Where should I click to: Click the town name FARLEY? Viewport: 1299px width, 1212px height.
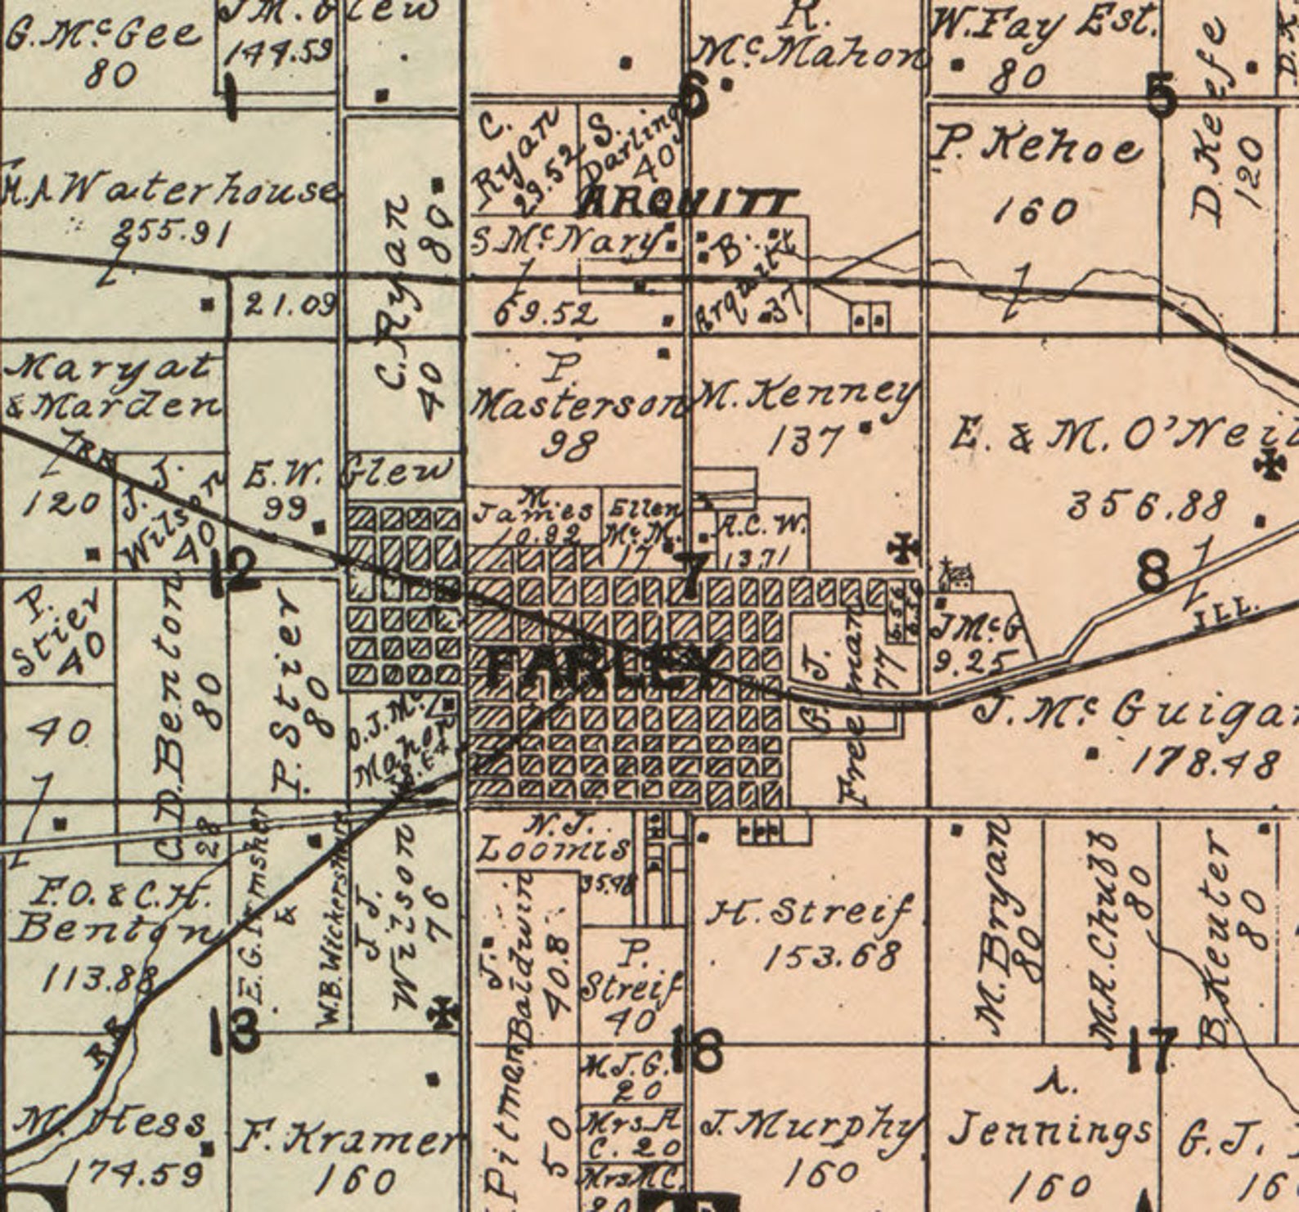[x=604, y=667]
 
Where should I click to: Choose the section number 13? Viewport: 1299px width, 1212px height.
[x=235, y=1030]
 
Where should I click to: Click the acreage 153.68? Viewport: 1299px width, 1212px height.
[x=831, y=955]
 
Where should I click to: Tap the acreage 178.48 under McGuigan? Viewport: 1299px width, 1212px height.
[x=1204, y=762]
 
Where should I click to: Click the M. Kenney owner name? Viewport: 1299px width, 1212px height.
[x=806, y=398]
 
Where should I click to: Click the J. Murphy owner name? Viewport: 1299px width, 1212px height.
[x=810, y=1128]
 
